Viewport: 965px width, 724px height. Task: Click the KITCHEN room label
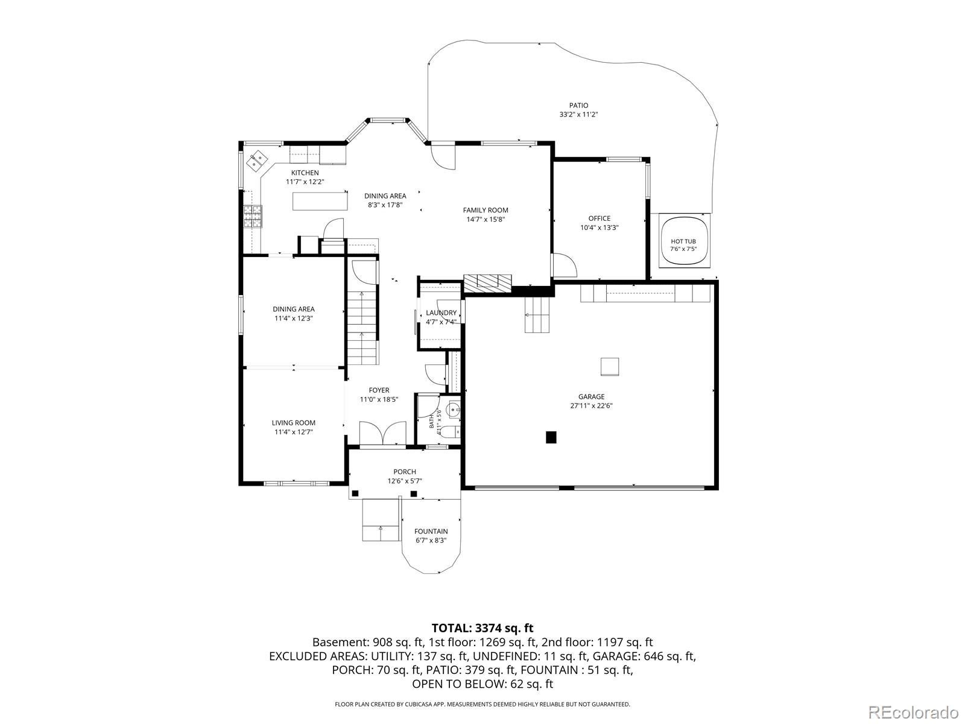(305, 173)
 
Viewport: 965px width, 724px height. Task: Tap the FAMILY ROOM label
(486, 210)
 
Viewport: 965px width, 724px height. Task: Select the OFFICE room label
(600, 218)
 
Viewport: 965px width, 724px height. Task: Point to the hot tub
(683, 242)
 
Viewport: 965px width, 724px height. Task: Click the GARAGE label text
(591, 396)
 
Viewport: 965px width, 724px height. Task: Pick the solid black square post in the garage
(551, 437)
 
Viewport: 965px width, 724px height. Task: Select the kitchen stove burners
(253, 216)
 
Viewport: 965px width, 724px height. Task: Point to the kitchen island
(320, 202)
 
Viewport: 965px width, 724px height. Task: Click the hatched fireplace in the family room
(487, 284)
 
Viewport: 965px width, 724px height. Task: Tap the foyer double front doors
(382, 433)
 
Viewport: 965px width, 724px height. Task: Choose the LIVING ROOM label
(293, 423)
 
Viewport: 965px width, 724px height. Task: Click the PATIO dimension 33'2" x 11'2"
(578, 115)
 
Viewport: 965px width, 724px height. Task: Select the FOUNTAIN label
(431, 531)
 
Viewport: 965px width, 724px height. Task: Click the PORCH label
(405, 472)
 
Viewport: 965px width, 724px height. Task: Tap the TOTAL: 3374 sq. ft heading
(482, 628)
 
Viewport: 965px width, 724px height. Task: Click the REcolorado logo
(913, 711)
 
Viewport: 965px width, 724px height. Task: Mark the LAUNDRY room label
(441, 313)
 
